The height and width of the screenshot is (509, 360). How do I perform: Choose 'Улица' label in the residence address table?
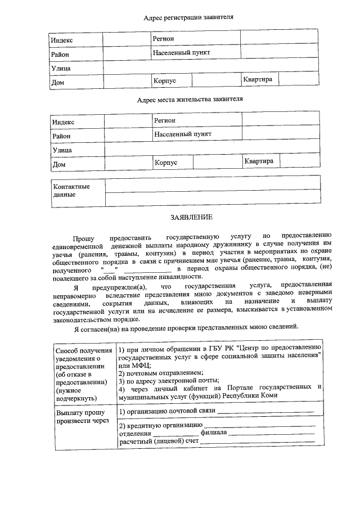tap(62, 150)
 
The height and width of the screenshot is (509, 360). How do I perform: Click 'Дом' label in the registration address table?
tap(57, 82)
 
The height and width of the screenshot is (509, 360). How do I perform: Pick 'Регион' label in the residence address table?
tap(165, 120)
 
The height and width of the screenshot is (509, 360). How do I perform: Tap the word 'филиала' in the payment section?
tap(214, 434)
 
